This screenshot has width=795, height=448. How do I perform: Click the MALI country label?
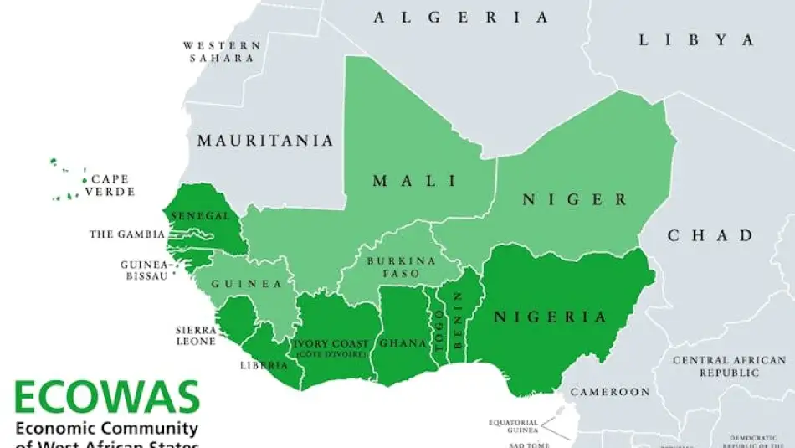[x=414, y=181]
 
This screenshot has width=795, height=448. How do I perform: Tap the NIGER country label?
[x=574, y=199]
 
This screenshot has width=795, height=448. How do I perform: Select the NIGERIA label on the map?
[x=549, y=317]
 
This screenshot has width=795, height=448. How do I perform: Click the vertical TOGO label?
[x=438, y=329]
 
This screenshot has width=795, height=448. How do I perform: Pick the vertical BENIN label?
[x=457, y=319]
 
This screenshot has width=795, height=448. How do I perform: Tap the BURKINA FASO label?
[x=402, y=267]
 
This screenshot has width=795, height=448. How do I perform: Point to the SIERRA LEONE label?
[x=196, y=336]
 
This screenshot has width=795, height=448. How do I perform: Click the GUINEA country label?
[x=246, y=284]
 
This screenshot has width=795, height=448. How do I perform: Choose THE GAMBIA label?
[x=127, y=234]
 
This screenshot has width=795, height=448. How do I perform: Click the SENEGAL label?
[x=199, y=216]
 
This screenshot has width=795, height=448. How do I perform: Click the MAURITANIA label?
[x=264, y=141]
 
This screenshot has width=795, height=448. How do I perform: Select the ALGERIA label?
[x=461, y=17]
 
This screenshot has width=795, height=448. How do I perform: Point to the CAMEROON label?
[x=609, y=391]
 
